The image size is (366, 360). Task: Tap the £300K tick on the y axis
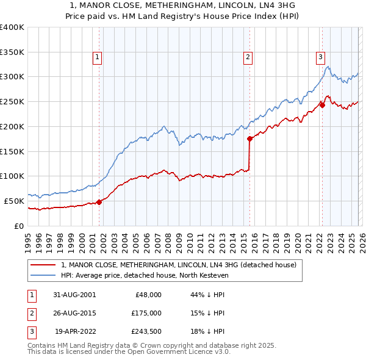click(x=12, y=77)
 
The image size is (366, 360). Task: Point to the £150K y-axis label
click(x=12, y=151)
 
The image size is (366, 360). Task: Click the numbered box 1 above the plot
click(x=98, y=58)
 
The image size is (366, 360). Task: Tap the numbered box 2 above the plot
click(x=248, y=58)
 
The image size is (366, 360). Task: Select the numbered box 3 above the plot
click(x=320, y=58)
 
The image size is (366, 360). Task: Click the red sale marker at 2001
click(x=99, y=202)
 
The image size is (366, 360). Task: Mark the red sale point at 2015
click(x=250, y=139)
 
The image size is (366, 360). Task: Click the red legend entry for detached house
click(x=178, y=265)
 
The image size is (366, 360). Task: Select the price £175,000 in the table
click(x=146, y=313)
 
